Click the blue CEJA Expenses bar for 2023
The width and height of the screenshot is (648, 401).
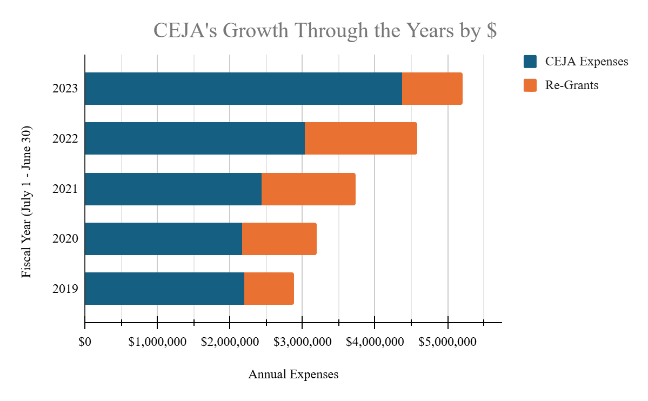(243, 89)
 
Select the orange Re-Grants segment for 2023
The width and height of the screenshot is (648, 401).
(432, 89)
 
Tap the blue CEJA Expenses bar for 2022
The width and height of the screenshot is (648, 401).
(195, 138)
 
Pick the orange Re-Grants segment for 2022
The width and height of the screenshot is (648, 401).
(361, 138)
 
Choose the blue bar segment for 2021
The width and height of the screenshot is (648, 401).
(173, 189)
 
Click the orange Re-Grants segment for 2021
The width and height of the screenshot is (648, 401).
(309, 189)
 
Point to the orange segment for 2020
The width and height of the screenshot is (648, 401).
(279, 239)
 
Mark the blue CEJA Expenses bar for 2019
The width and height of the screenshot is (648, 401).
(164, 289)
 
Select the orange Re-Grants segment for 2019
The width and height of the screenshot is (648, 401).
(269, 289)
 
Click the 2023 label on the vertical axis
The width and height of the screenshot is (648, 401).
(65, 89)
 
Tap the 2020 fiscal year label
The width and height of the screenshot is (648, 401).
(65, 239)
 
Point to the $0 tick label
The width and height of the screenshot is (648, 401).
(85, 342)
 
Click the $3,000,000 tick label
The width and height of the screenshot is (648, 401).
(302, 342)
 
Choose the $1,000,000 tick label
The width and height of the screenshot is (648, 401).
(157, 342)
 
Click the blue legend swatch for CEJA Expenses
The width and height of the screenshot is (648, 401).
(530, 61)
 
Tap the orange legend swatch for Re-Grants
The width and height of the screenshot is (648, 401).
(530, 85)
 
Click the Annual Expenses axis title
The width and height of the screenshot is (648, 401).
(293, 375)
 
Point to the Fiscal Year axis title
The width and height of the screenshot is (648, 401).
(26, 202)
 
